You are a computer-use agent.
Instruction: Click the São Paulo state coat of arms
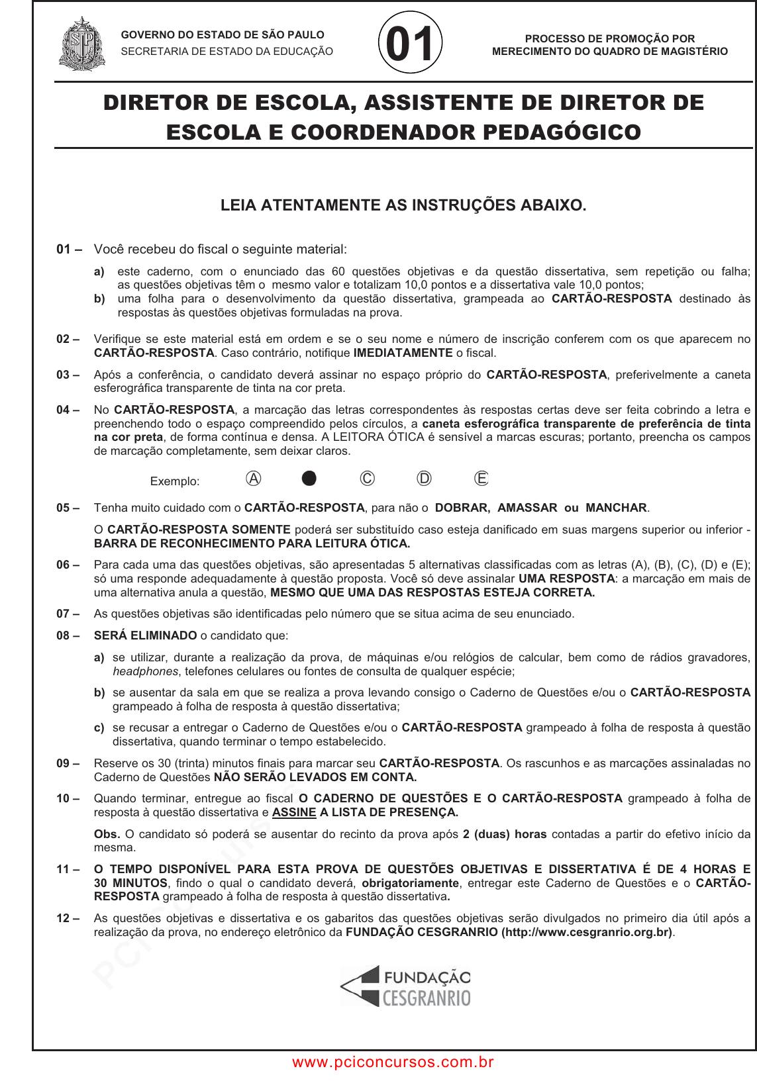(82, 44)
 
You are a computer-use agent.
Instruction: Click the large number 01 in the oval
(410, 44)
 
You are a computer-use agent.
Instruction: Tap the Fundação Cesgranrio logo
(406, 986)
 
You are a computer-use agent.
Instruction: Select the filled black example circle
(309, 479)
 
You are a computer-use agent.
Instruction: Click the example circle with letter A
(253, 479)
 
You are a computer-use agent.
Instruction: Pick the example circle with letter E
(481, 479)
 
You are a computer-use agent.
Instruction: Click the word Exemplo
(175, 481)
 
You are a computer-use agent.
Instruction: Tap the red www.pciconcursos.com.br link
(393, 1062)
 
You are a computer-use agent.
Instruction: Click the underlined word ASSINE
(294, 812)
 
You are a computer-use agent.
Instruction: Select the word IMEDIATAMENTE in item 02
(403, 353)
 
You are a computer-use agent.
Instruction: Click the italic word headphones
(145, 671)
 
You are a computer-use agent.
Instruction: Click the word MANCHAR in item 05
(616, 508)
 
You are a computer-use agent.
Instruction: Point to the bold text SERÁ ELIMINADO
(145, 636)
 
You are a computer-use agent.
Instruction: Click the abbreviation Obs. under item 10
(107, 834)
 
